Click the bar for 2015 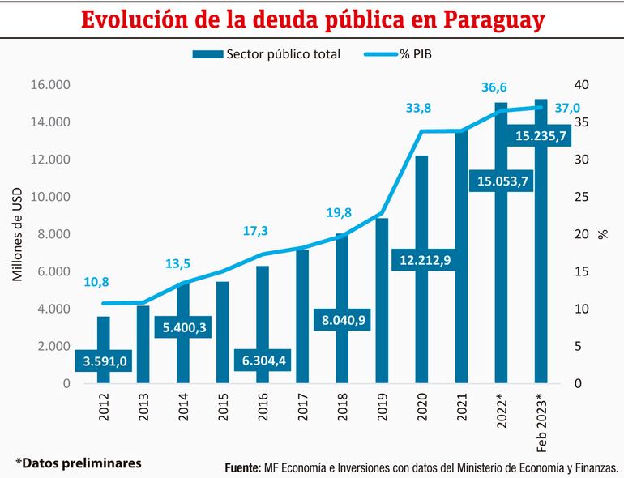[223, 332]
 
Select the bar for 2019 [382, 300]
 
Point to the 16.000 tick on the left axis [50, 85]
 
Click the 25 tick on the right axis [582, 197]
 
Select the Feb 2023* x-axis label [541, 417]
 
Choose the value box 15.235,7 [540, 137]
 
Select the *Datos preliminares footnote [79, 463]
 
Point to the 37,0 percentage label [567, 108]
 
